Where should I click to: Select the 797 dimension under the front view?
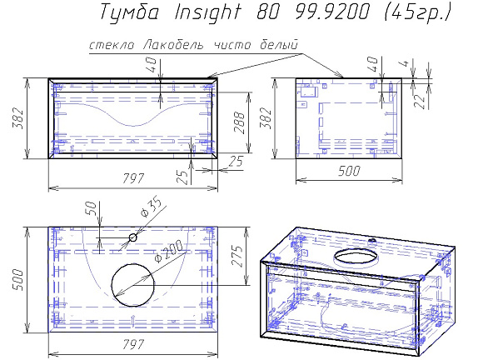(x=133, y=177)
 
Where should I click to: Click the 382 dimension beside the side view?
(x=266, y=117)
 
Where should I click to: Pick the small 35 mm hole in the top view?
(x=132, y=238)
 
